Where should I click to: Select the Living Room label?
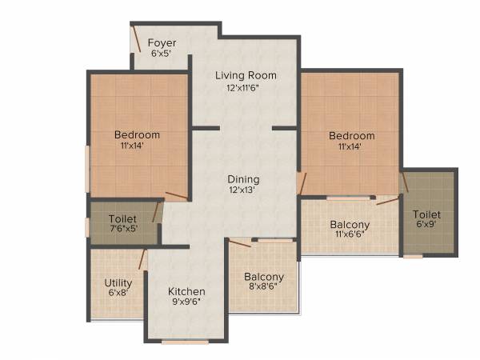[246, 75]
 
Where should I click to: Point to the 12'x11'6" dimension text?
[246, 87]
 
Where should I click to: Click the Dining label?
[244, 179]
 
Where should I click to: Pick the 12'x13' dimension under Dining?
[244, 191]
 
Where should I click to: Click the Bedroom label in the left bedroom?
[137, 134]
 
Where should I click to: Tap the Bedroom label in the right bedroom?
[351, 136]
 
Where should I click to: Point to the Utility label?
[118, 282]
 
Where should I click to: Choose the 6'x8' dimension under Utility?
[118, 294]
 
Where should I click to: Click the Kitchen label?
[186, 291]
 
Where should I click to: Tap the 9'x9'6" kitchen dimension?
[186, 303]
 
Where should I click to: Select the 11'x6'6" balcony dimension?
[350, 236]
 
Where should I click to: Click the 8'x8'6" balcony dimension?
[264, 289]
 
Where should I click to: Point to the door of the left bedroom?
[176, 194]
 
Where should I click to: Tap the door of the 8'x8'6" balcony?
[239, 242]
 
